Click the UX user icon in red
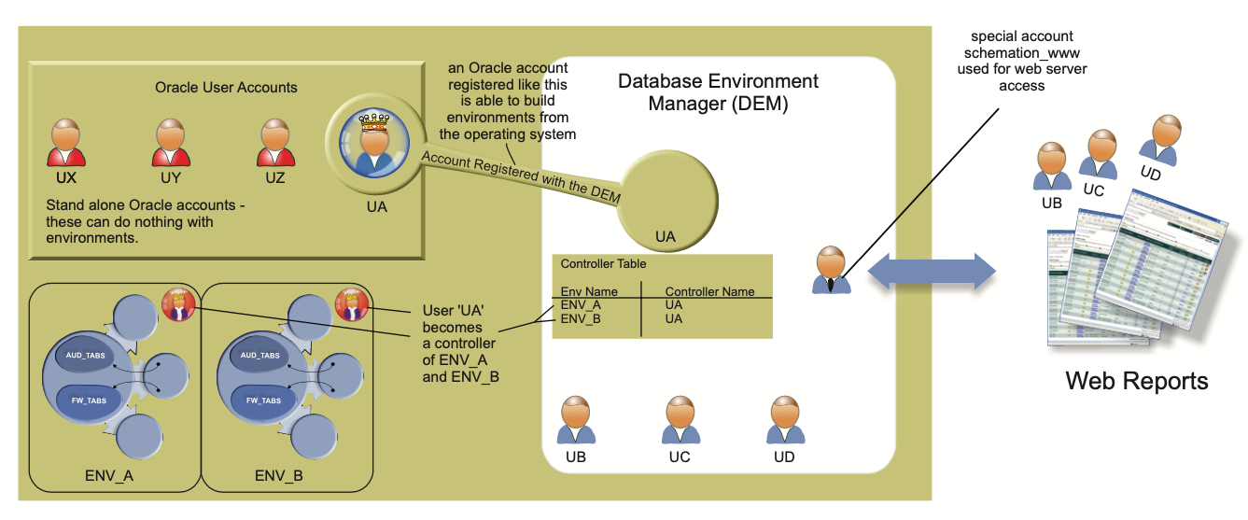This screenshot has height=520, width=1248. pos(66,142)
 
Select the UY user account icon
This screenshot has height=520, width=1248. pos(171,142)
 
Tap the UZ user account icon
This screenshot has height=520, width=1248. pos(274,142)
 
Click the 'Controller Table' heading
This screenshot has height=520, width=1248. pos(603,264)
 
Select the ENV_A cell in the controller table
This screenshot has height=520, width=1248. pos(582,304)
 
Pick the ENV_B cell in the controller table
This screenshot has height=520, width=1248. pos(582,318)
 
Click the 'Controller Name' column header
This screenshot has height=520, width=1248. pos(709,291)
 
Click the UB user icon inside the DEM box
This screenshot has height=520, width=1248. pos(576,421)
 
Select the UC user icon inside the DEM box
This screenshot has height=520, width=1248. pos(680,421)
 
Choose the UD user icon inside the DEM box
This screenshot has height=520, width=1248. pos(785,421)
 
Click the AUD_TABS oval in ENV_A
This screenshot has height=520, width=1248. pos(87,356)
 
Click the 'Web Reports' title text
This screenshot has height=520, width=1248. pos(1136,381)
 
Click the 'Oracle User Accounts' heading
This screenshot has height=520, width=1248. pos(226,88)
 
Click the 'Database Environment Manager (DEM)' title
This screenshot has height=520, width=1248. pos(718,92)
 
